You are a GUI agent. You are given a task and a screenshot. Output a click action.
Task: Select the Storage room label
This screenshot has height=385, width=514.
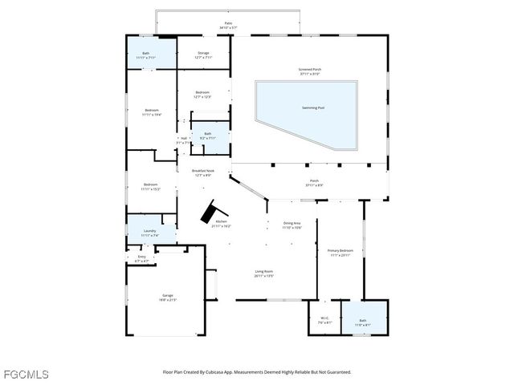[x=204, y=55]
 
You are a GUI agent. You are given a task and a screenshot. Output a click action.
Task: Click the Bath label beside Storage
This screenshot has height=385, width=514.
[x=145, y=55]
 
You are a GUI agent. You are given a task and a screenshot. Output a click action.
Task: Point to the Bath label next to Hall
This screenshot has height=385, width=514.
[x=207, y=136]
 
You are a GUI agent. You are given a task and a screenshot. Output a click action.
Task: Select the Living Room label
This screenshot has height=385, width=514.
[x=264, y=274]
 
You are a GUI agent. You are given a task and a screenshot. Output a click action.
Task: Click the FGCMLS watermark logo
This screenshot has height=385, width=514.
[x=26, y=374]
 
